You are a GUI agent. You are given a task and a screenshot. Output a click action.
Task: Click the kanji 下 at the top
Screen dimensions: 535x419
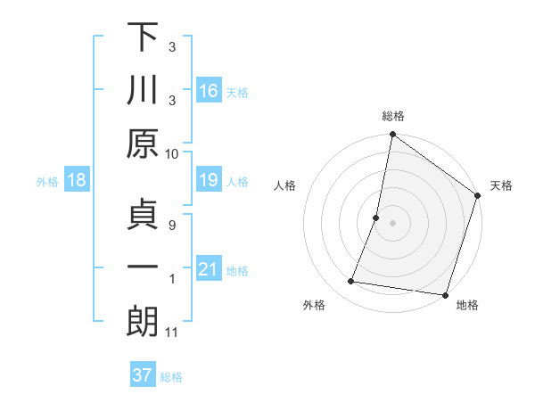tap(143, 38)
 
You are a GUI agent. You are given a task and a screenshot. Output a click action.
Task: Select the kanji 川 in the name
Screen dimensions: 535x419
tap(143, 91)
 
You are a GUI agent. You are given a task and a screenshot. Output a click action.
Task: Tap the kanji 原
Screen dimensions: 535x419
tap(143, 144)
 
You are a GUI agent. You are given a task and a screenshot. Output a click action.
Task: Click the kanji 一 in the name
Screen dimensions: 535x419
tap(143, 267)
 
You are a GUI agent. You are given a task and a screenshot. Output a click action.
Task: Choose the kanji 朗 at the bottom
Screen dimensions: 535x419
tap(143, 321)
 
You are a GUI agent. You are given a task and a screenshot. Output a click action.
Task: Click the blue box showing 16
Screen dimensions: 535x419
tap(209, 91)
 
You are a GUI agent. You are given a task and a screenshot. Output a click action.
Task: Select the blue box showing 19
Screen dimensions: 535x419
tap(209, 180)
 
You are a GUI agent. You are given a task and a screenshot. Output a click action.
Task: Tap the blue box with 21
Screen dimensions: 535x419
tap(209, 269)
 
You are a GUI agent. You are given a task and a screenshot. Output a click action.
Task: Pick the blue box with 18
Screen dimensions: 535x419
tap(77, 180)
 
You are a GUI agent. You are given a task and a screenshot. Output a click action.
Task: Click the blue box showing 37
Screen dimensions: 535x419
tap(143, 375)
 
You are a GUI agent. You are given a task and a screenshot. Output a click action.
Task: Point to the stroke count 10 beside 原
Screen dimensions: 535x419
tap(172, 153)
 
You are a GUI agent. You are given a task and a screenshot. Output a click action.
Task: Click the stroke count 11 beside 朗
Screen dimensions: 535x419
tap(172, 333)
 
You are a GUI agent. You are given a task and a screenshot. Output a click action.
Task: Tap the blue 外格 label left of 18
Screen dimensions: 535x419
tap(47, 181)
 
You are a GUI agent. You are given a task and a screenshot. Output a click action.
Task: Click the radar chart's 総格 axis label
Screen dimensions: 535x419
tap(393, 116)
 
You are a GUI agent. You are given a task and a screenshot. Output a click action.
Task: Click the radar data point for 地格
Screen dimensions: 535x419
tap(445, 295)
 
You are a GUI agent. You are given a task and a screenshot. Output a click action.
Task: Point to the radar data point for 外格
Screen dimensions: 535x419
tap(351, 282)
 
